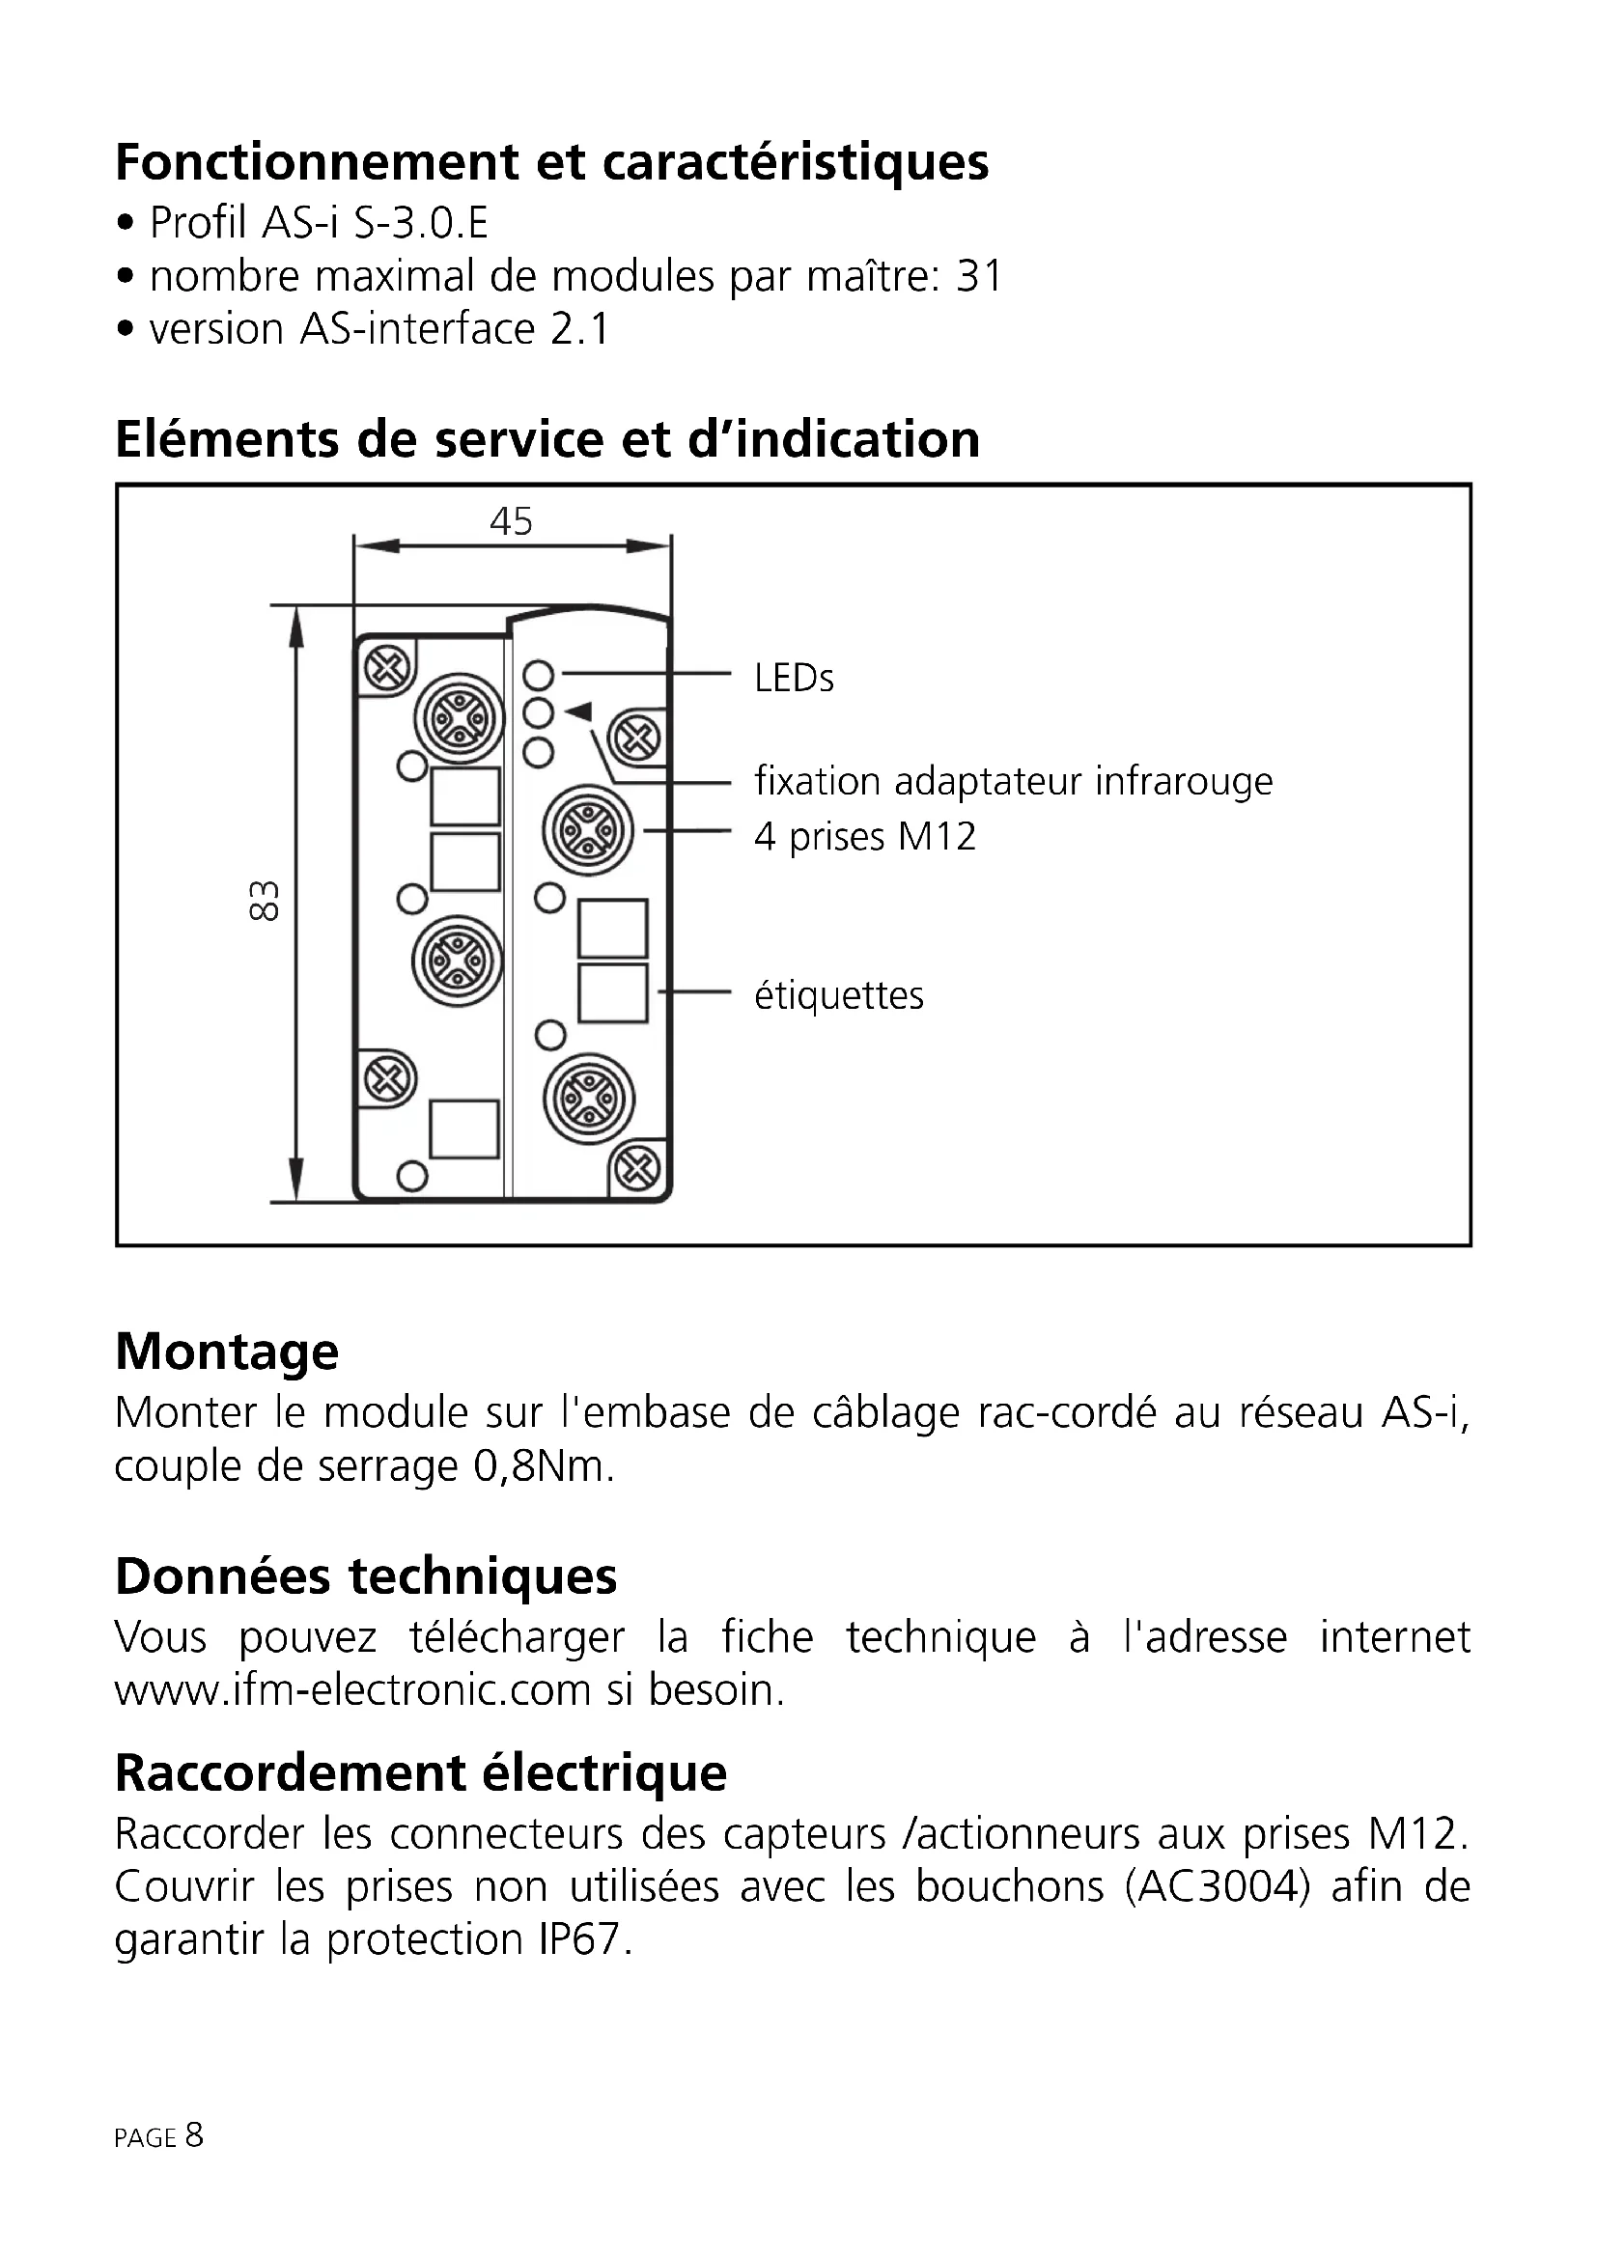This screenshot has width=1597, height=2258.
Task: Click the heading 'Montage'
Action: pyautogui.click(x=226, y=1352)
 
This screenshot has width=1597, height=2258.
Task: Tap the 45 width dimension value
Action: pyautogui.click(x=511, y=521)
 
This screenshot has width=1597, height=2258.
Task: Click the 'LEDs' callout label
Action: pyautogui.click(x=794, y=679)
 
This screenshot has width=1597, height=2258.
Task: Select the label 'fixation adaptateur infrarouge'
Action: pyautogui.click(x=1013, y=782)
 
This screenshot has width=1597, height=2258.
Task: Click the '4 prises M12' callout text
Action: pyautogui.click(x=864, y=837)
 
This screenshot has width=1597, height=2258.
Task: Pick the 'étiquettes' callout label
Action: pyautogui.click(x=839, y=995)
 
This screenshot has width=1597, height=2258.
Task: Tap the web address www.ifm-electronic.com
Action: pyautogui.click(x=353, y=1690)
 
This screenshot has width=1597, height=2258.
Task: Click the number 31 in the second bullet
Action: pyautogui.click(x=978, y=276)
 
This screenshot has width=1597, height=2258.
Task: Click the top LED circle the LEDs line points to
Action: pyautogui.click(x=539, y=675)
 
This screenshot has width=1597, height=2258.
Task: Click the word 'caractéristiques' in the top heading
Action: pyautogui.click(x=795, y=162)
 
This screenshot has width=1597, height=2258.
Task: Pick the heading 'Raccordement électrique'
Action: pyautogui.click(x=421, y=1773)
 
